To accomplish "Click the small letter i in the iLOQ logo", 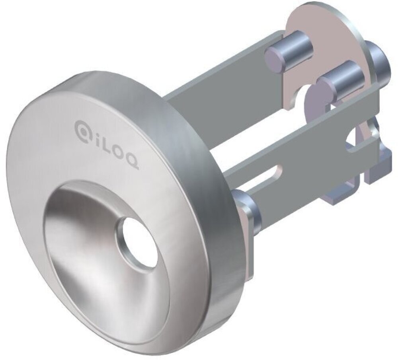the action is click(96, 141).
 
